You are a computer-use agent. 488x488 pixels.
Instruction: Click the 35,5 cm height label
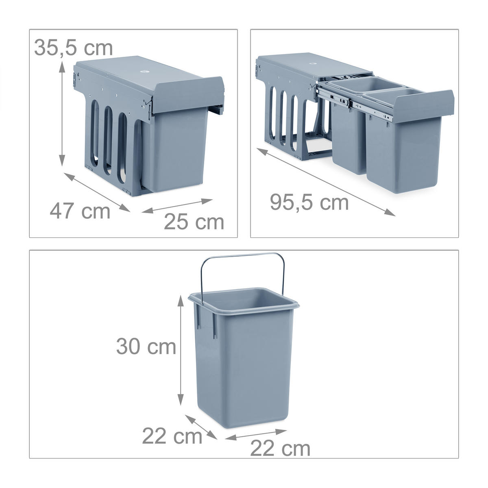coord(74,48)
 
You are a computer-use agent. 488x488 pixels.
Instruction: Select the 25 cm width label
coord(194,222)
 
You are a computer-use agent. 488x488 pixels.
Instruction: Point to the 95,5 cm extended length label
coord(309,202)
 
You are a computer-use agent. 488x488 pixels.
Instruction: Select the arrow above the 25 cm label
coord(177,206)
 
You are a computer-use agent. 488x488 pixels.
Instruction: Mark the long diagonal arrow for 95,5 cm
coord(326,182)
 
